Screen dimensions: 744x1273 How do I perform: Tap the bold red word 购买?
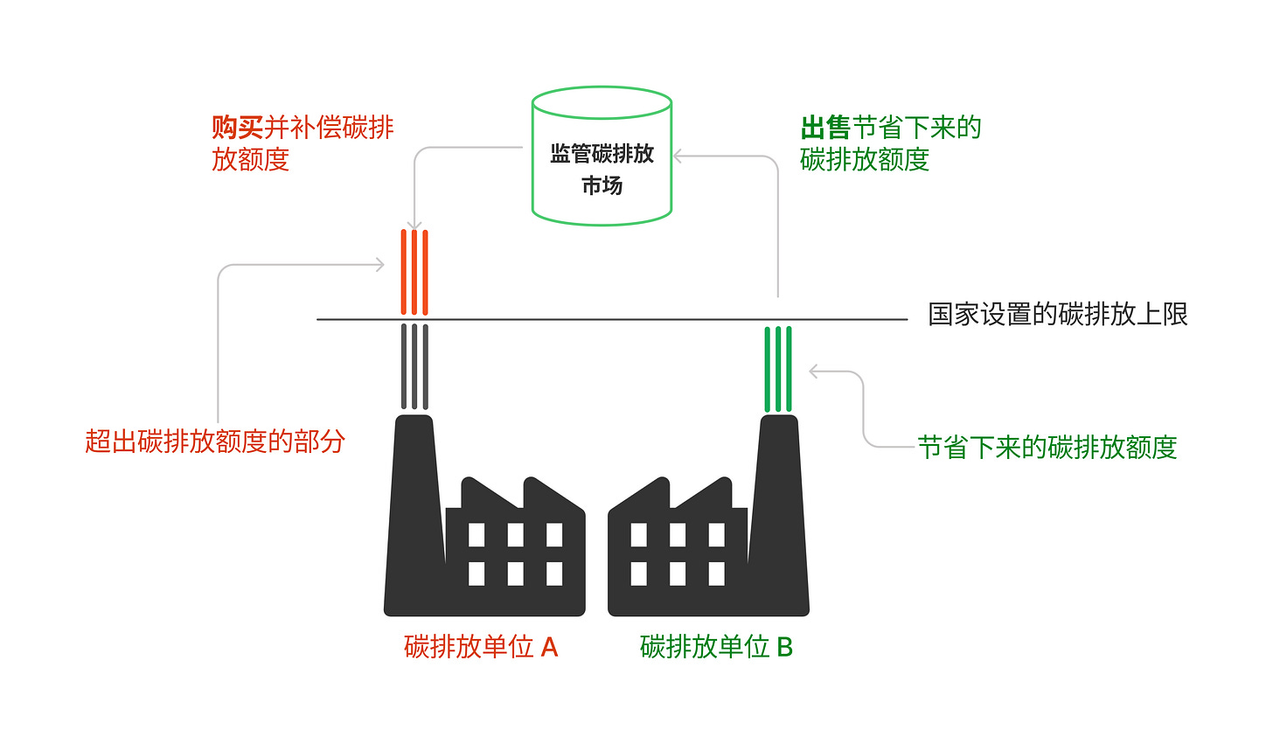(237, 128)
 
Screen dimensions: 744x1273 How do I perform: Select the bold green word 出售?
(825, 128)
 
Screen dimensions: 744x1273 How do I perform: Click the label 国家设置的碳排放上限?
(1057, 315)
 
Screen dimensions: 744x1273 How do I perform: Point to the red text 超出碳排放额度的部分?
(215, 442)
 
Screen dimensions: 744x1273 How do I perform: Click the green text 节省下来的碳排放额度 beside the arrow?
(1047, 448)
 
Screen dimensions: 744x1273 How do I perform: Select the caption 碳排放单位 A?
(480, 647)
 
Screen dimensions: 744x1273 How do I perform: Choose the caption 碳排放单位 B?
(716, 647)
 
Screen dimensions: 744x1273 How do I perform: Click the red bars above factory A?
(414, 272)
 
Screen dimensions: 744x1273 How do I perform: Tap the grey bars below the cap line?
(414, 366)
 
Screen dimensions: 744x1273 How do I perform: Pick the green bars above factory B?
(778, 368)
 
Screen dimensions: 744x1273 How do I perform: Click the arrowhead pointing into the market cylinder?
(678, 156)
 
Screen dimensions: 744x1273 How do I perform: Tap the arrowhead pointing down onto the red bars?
(414, 226)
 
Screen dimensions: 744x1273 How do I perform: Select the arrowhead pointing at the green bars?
(814, 372)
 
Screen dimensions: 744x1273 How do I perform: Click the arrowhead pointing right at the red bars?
(379, 264)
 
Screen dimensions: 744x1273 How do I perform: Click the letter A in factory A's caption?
(549, 647)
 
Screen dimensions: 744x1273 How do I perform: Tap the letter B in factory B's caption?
(784, 647)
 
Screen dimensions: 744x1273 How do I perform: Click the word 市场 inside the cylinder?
(602, 185)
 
